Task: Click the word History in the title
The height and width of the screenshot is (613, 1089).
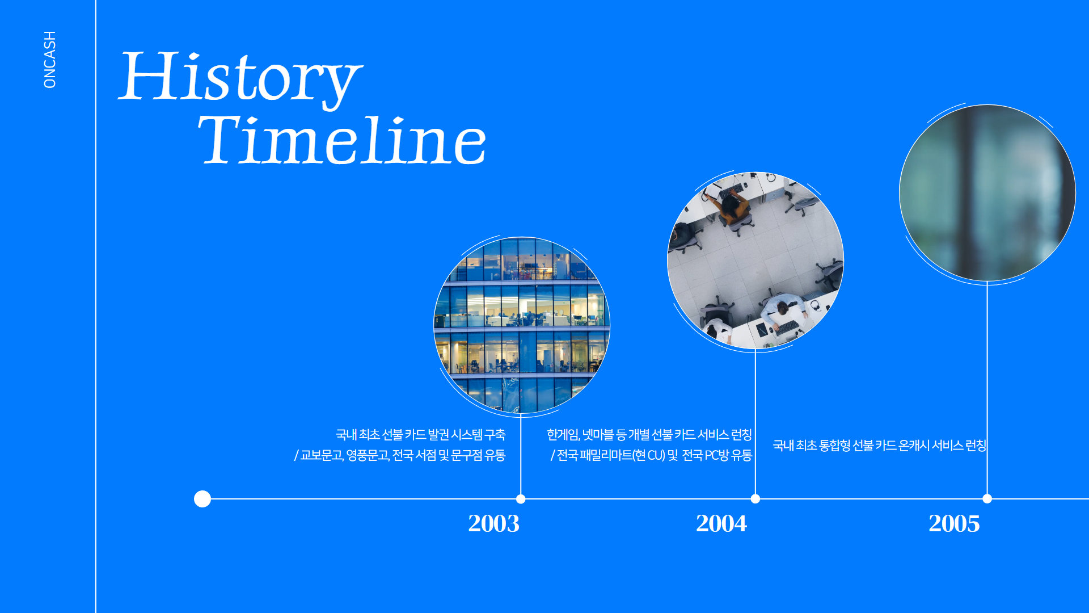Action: [240, 78]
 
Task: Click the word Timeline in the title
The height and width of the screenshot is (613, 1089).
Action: [342, 140]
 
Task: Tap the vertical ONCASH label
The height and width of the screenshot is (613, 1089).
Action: [50, 60]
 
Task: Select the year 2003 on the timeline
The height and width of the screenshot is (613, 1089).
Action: [493, 523]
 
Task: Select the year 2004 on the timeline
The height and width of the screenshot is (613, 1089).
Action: [721, 523]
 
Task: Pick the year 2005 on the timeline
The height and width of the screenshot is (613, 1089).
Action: [954, 523]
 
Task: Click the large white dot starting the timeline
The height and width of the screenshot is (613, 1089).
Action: [202, 499]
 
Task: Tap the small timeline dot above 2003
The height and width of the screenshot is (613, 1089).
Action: [521, 499]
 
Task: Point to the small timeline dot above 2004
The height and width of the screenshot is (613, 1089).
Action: [755, 499]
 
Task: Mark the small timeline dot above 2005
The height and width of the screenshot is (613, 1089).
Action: [987, 499]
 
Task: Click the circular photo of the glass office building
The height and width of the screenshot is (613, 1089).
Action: [522, 325]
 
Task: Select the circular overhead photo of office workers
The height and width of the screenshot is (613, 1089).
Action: [755, 261]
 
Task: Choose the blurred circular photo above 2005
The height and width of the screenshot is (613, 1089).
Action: [987, 193]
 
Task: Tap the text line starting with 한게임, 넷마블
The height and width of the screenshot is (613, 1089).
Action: [649, 435]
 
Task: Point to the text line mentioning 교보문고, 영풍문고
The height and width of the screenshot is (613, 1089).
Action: [400, 455]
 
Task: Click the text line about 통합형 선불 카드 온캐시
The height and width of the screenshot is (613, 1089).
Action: [880, 446]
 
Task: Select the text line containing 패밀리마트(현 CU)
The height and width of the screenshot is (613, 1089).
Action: [651, 455]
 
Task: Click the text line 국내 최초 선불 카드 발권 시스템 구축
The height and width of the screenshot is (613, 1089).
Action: [420, 435]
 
